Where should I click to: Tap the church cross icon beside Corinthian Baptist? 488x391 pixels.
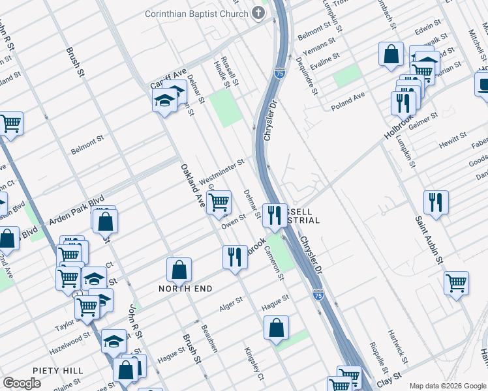pos(259,13)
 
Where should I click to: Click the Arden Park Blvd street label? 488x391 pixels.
pos(76,212)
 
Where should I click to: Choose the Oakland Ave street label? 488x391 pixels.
pos(192,186)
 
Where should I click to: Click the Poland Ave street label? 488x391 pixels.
pos(348,101)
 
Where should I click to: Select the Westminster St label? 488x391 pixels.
pos(221,170)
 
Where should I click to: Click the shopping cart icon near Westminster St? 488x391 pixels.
pos(220,202)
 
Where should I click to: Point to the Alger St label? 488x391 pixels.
pos(230,302)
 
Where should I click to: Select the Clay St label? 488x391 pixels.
pos(388,379)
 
